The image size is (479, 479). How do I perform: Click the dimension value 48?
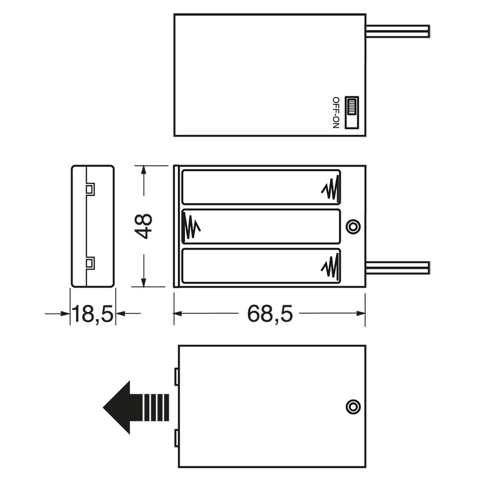(x=144, y=226)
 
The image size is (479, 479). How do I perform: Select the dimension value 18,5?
(x=93, y=313)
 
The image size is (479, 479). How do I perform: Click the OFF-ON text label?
(x=335, y=113)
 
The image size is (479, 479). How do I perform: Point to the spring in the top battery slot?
(x=330, y=189)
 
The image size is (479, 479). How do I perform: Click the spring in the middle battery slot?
(x=191, y=226)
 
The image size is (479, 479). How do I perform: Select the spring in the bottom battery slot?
(x=330, y=266)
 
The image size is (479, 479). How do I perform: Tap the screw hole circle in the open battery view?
(x=354, y=226)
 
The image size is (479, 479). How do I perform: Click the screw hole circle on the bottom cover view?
(x=354, y=407)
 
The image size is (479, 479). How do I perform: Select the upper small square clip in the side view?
(x=90, y=190)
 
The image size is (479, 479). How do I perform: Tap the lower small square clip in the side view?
(x=90, y=263)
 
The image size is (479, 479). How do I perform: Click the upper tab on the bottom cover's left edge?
(x=177, y=377)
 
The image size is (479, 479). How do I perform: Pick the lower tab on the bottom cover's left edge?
(x=177, y=439)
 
